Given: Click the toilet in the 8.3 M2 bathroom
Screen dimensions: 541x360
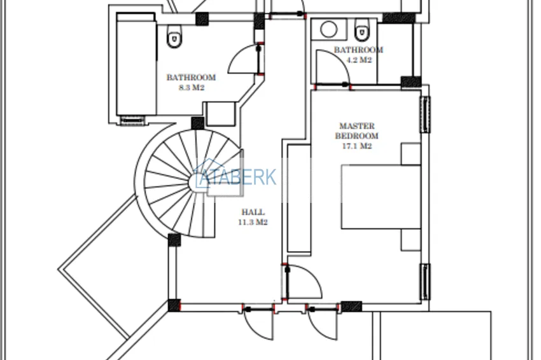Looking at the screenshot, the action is coord(174,36).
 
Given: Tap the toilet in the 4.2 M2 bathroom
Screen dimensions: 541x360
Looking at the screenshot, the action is coord(362,29).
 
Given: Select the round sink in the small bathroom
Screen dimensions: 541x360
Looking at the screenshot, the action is coord(329,29).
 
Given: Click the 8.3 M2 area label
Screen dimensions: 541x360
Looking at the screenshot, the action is coord(192,88).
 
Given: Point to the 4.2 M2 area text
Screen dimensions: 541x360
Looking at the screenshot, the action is coord(359,60).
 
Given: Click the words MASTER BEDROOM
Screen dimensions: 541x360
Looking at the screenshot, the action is coord(357,130).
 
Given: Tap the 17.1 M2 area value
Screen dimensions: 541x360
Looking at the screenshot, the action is coord(357,146).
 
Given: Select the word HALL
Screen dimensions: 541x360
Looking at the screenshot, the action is coord(253,212).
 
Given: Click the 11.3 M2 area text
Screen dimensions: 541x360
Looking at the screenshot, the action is coord(253,222).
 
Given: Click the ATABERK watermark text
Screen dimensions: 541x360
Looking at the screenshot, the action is coord(238,177).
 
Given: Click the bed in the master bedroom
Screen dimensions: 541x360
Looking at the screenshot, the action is coord(381,197).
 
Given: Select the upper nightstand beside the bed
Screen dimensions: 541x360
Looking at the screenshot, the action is coord(411,154).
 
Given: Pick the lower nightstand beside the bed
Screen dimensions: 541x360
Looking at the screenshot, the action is coord(411,240).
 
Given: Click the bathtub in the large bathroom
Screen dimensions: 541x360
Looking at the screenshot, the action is coord(136,64).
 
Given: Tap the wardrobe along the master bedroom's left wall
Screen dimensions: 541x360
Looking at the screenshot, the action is coord(299,198).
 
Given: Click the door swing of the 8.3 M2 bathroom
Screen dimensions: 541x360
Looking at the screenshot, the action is coord(243,59).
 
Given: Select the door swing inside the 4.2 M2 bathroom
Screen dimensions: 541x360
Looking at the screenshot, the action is coord(333,67).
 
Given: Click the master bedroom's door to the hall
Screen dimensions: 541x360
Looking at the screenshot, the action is coord(304,282).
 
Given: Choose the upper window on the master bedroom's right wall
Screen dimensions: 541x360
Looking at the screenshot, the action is coord(425,114).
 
